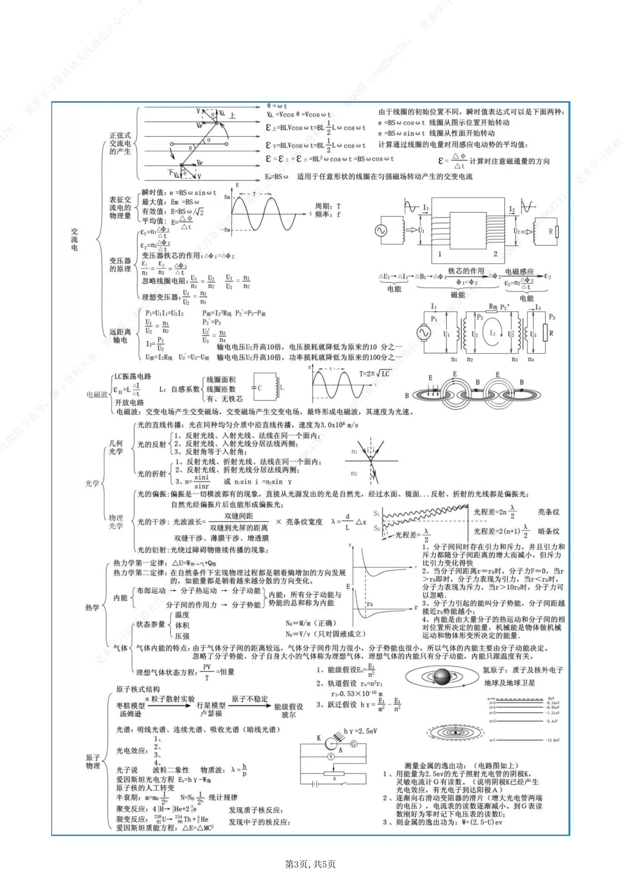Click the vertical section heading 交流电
click(74, 239)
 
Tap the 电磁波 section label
click(97, 395)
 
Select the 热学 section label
click(92, 607)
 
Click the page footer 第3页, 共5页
click(310, 864)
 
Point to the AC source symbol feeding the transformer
click(381, 231)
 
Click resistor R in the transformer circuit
click(550, 232)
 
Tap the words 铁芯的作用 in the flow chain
click(466, 271)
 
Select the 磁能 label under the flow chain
click(458, 295)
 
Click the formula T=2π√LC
click(375, 373)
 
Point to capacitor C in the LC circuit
click(259, 388)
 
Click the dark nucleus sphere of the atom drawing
click(442, 677)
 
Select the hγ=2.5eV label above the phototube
click(360, 731)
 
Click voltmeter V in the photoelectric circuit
click(331, 757)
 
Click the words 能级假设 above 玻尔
click(289, 707)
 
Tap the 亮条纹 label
click(548, 512)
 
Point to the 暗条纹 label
click(548, 532)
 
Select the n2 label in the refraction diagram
click(354, 473)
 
